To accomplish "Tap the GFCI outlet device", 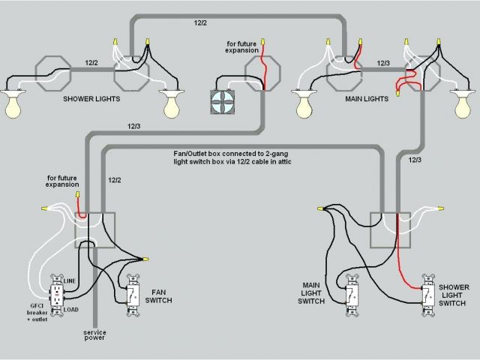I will [x=56, y=297].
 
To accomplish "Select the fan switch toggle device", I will [x=133, y=295].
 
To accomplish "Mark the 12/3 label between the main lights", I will [x=383, y=64].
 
